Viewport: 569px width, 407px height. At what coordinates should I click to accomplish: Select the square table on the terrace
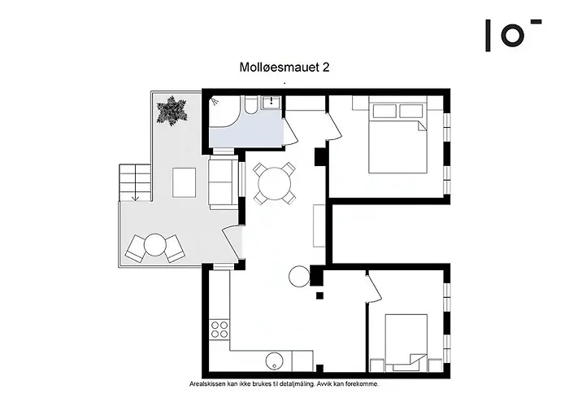185,182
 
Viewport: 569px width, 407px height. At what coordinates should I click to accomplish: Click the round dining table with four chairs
274,183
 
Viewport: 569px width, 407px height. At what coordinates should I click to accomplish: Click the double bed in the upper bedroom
396,136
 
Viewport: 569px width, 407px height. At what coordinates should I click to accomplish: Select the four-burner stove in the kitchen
219,329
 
